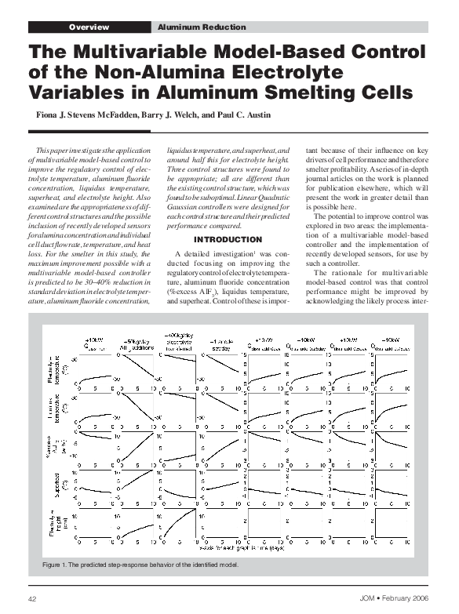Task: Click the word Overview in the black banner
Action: pos(88,27)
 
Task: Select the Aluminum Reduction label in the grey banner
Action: pos(191,27)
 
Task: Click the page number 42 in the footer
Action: pos(33,599)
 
